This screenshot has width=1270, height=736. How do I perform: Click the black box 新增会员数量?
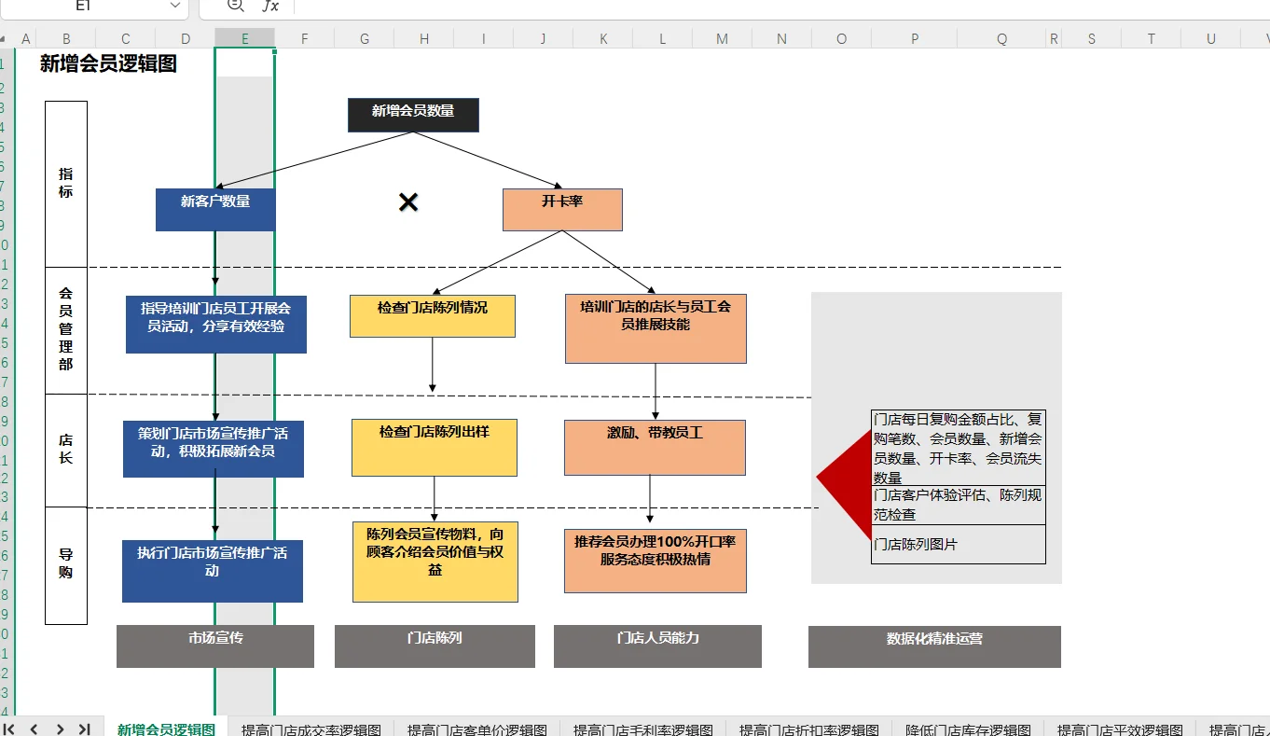(413, 115)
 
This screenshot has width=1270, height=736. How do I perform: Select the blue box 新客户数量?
(215, 210)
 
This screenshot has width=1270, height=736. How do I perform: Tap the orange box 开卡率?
(562, 210)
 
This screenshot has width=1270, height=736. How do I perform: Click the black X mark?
(408, 202)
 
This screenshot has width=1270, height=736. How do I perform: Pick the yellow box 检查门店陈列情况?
(433, 316)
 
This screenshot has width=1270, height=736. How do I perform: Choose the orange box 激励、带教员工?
(655, 447)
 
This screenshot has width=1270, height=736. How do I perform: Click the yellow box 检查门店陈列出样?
(435, 447)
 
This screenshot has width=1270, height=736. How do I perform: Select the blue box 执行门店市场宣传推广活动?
(213, 570)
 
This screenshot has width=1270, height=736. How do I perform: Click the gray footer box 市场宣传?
(215, 646)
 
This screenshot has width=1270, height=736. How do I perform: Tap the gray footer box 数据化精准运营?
(934, 646)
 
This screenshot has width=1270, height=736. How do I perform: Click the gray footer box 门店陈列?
(435, 646)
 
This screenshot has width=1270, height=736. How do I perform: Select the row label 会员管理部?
(66, 329)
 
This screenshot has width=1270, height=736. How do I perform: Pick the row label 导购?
(66, 564)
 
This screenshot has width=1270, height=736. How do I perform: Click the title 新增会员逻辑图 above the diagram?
(108, 64)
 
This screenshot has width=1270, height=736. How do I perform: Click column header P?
(915, 38)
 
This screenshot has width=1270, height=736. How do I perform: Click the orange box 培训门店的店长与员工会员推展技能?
(656, 328)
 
